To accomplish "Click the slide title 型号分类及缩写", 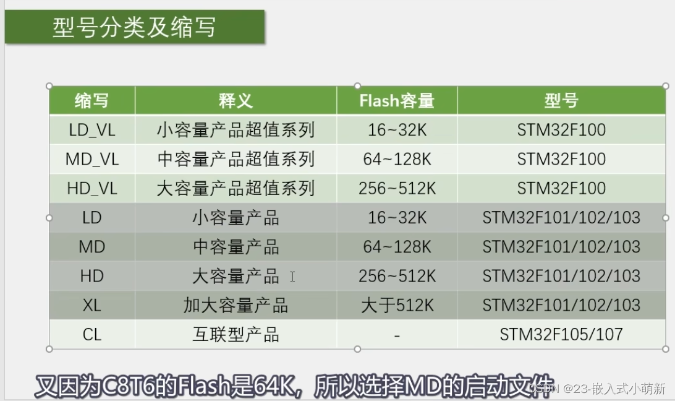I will point(134,28).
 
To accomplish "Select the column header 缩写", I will point(91,101).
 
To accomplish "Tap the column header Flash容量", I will point(397,101).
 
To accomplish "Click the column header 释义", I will point(236,101).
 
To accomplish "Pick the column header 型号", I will point(561,101).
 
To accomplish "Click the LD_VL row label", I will point(92,130).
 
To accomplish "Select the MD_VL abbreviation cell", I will point(92,159).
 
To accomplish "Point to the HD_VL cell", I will point(92,188).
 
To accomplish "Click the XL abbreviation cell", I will point(92,305).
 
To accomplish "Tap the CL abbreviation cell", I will point(92,335).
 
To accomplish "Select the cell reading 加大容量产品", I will point(236,305).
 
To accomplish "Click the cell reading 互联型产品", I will point(236,335).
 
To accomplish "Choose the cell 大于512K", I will point(397,305).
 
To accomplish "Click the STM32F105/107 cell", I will point(561,335).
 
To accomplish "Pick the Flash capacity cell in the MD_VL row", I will point(397,159).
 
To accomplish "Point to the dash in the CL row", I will point(397,335).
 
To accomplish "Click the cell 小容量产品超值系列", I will point(236,130).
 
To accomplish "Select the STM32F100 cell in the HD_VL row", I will point(561,188).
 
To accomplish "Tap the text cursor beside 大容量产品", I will point(292,277).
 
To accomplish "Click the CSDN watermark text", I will point(597,389).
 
